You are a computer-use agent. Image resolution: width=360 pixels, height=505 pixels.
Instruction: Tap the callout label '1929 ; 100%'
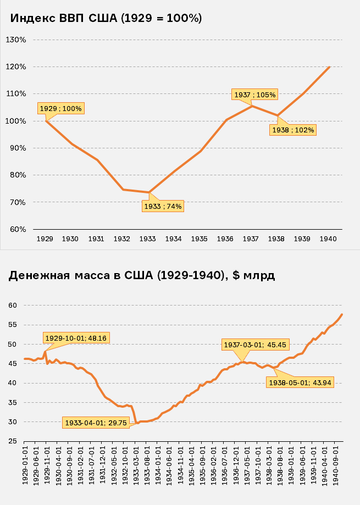[60, 108]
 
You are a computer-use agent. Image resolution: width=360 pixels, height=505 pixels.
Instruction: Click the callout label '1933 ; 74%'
[163, 207]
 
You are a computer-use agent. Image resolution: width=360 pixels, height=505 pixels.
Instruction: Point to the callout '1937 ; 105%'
[255, 95]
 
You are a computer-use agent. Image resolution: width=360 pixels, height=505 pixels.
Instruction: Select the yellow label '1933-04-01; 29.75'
[96, 423]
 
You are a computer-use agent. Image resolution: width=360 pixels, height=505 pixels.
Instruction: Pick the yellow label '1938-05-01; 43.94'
[301, 382]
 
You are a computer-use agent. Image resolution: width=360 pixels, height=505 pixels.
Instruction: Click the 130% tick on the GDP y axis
[16, 40]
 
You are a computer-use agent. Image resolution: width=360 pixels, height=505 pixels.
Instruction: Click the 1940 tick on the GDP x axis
[328, 239]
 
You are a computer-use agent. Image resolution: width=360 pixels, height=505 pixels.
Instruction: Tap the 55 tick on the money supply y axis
[13, 325]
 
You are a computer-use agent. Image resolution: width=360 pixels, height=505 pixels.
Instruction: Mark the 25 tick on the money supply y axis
[13, 441]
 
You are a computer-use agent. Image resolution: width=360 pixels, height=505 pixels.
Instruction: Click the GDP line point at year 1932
[123, 190]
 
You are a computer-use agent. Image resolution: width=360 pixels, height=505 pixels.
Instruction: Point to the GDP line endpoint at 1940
[329, 67]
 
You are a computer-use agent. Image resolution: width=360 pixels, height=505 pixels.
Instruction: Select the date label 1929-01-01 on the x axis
[25, 465]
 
